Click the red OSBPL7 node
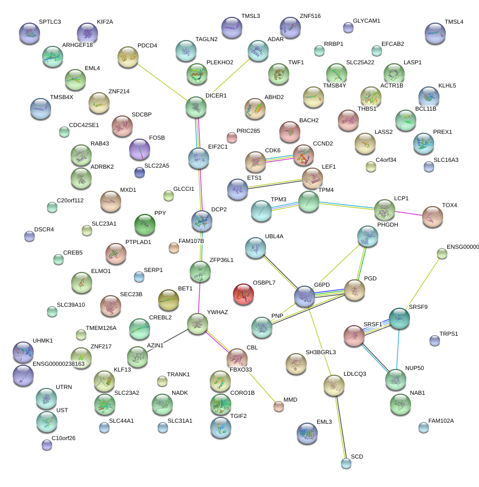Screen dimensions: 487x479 click(x=243, y=294)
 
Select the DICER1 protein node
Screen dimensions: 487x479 click(x=197, y=107)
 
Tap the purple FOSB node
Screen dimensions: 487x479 click(x=140, y=149)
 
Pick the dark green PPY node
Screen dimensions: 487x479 click(x=145, y=225)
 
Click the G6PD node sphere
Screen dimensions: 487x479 click(x=305, y=297)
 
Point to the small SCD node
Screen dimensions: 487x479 click(x=346, y=463)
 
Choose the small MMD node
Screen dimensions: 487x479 click(x=278, y=406)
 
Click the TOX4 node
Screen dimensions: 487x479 click(x=433, y=217)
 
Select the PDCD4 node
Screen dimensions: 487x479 click(x=128, y=57)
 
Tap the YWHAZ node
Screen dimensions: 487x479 click(x=197, y=324)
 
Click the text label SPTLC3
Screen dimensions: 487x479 click(x=50, y=22)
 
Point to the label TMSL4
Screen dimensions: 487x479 click(x=454, y=22)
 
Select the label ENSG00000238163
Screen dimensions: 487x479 click(x=58, y=364)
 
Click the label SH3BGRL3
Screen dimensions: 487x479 click(x=321, y=352)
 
